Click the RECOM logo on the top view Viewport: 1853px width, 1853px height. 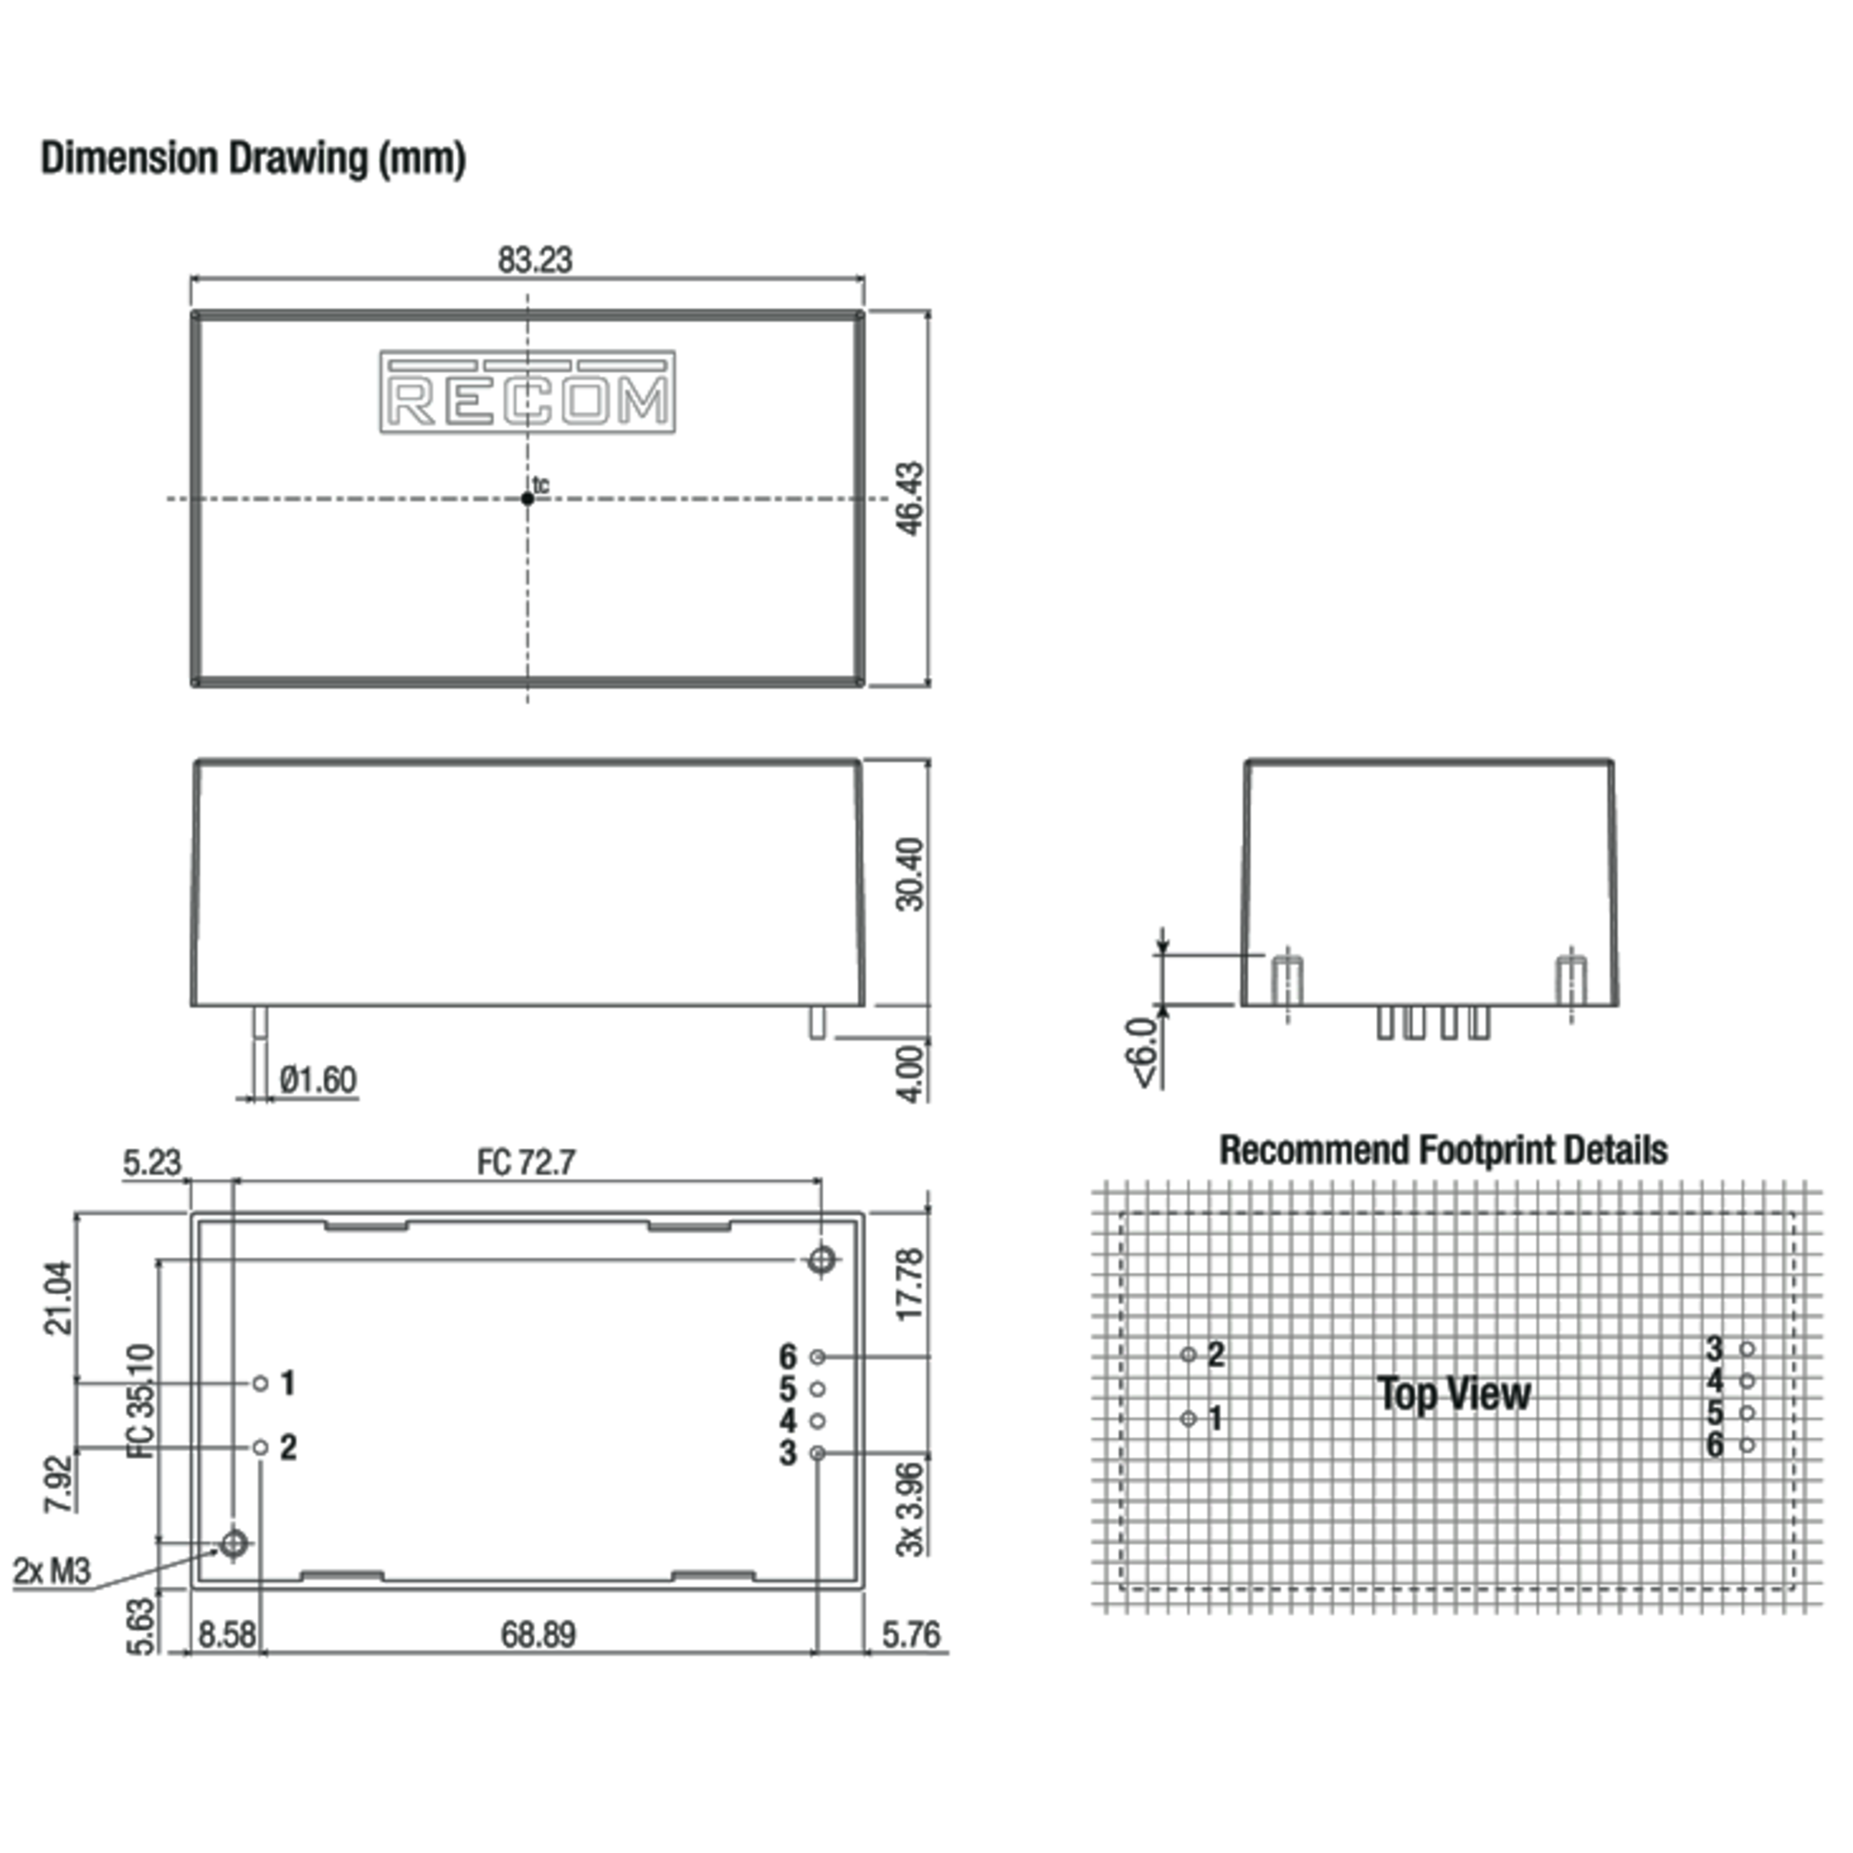point(527,391)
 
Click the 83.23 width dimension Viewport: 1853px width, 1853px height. point(534,260)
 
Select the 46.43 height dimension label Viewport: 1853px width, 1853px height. point(910,498)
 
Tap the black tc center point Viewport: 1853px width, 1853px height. point(527,499)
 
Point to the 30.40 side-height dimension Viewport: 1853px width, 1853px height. point(910,874)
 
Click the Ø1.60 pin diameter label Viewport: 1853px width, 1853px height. point(317,1080)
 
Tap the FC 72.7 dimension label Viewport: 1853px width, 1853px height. point(526,1163)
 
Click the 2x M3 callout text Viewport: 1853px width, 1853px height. point(52,1571)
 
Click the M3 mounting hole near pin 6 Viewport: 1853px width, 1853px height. point(821,1260)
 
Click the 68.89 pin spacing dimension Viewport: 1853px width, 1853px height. point(538,1635)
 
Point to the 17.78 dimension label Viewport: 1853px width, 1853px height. point(910,1284)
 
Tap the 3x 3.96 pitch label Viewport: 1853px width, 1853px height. point(910,1508)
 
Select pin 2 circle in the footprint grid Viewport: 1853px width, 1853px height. point(1188,1354)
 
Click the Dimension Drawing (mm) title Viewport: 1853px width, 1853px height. point(253,158)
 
